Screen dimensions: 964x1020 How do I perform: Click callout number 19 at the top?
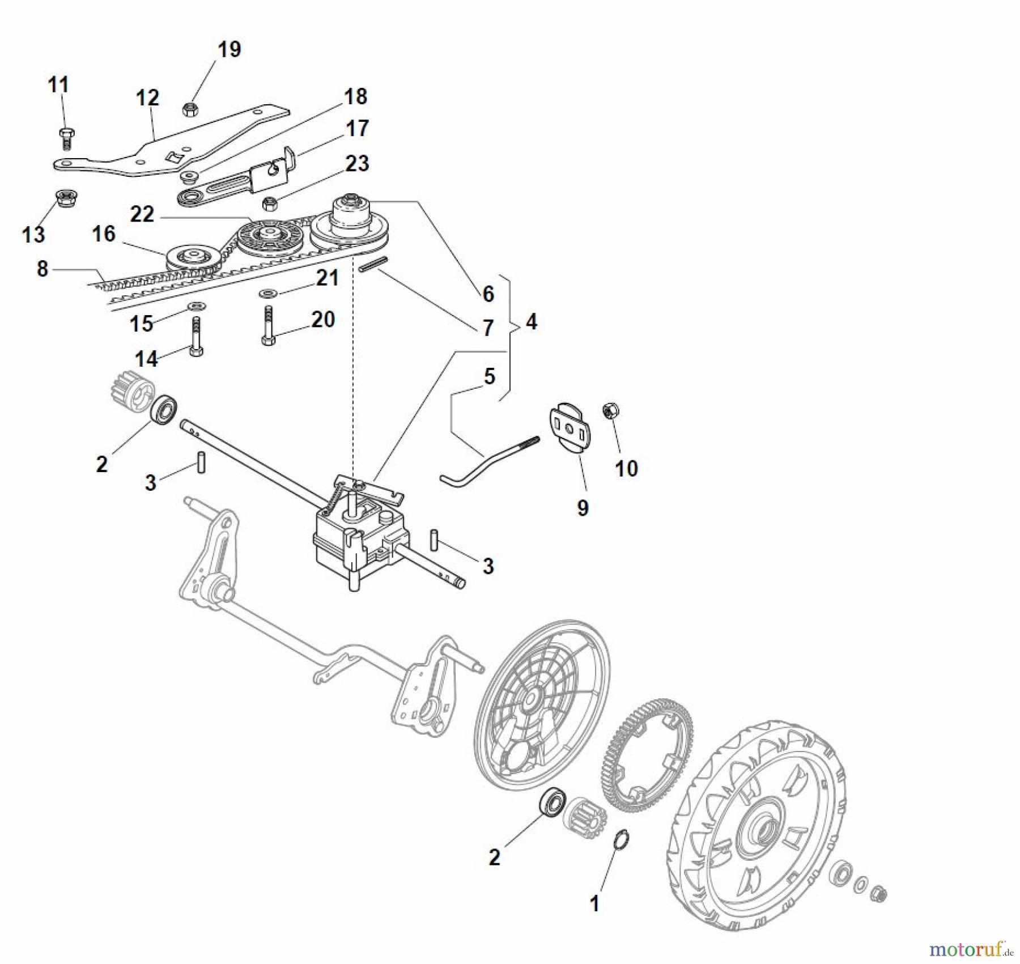(x=229, y=49)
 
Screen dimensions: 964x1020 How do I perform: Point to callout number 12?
(x=147, y=97)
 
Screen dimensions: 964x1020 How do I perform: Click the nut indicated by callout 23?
(x=270, y=203)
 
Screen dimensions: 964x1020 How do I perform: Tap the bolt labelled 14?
(x=196, y=337)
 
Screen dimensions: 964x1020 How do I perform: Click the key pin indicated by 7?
(x=373, y=265)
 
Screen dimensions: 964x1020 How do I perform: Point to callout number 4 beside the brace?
(x=531, y=322)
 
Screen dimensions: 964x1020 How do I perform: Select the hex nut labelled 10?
(x=610, y=411)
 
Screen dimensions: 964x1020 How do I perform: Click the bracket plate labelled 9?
(x=569, y=428)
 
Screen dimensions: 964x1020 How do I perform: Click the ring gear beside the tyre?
(x=646, y=756)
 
